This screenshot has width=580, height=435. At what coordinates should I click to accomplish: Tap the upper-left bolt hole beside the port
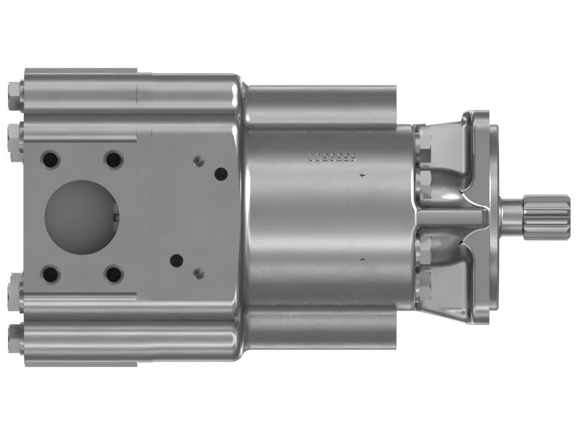point(51,159)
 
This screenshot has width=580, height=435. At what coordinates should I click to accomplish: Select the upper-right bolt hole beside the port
point(113,159)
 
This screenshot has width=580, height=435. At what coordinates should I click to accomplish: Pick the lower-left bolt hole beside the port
point(51,274)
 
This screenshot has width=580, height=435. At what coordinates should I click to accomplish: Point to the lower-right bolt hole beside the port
point(113,274)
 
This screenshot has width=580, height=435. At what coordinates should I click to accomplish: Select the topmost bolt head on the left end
point(14,95)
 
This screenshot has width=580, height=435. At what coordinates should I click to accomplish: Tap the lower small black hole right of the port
point(174,259)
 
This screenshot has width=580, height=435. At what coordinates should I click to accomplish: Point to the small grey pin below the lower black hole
point(199,273)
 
